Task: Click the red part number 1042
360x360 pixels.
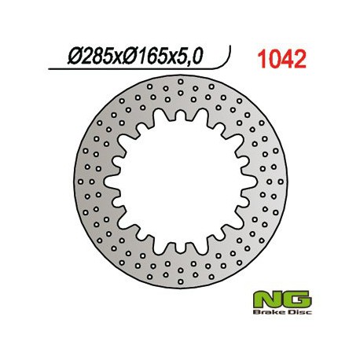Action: pyautogui.click(x=281, y=59)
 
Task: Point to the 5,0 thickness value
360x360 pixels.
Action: pyautogui.click(x=191, y=57)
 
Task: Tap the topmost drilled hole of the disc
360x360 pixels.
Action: pyautogui.click(x=180, y=82)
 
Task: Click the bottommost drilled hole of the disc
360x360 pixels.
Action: pyautogui.click(x=180, y=281)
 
